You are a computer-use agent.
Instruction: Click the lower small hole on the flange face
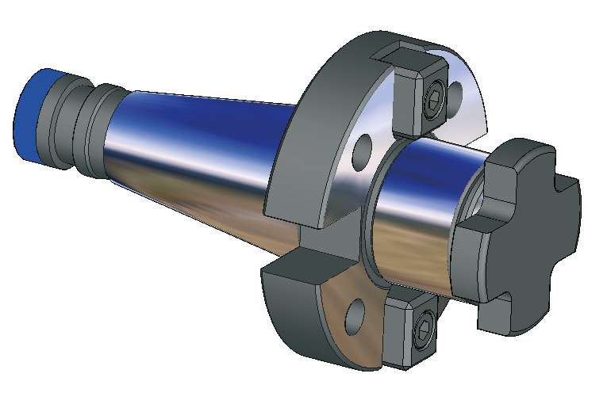pos(354,314)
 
